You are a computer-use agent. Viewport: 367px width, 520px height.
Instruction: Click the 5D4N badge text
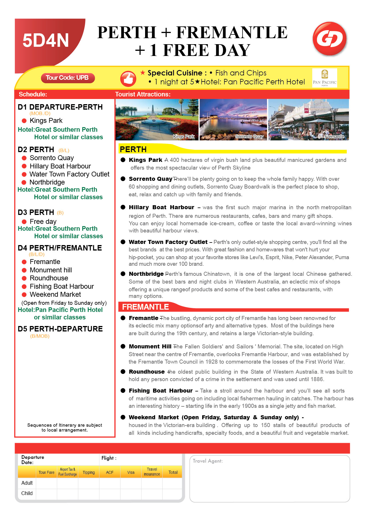(x=46, y=40)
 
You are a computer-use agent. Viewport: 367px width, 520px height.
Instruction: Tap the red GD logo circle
(x=329, y=39)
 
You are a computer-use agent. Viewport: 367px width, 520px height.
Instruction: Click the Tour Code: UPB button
(x=68, y=78)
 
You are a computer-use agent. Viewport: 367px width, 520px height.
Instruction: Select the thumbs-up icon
(x=128, y=79)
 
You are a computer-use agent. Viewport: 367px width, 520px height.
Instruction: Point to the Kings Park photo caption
(x=184, y=137)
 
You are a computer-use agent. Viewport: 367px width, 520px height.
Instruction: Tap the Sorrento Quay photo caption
(x=249, y=137)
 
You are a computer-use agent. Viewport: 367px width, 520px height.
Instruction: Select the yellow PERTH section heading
(x=133, y=150)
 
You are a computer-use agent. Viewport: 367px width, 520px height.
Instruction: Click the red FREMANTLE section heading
(x=146, y=307)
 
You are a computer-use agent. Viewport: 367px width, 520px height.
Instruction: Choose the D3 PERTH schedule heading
(x=36, y=212)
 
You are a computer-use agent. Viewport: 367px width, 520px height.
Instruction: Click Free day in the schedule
(x=43, y=222)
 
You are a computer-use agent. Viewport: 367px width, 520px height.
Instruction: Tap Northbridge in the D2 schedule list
(x=47, y=182)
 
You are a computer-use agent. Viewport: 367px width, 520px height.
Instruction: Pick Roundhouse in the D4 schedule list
(x=49, y=278)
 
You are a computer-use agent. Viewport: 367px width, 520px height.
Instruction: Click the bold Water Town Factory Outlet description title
(x=168, y=242)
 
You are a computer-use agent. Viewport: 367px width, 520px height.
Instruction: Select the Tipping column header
(x=89, y=472)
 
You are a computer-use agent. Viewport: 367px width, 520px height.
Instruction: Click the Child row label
(x=27, y=493)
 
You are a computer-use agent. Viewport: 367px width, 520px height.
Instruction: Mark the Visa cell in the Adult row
(x=131, y=483)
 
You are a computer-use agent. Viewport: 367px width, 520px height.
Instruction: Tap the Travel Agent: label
(x=208, y=461)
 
